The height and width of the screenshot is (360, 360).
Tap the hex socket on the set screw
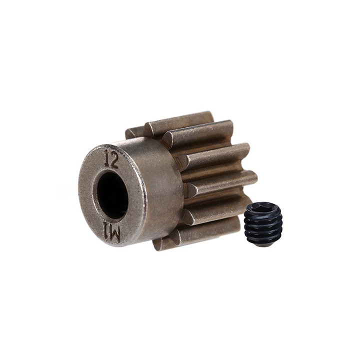(261, 207)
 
